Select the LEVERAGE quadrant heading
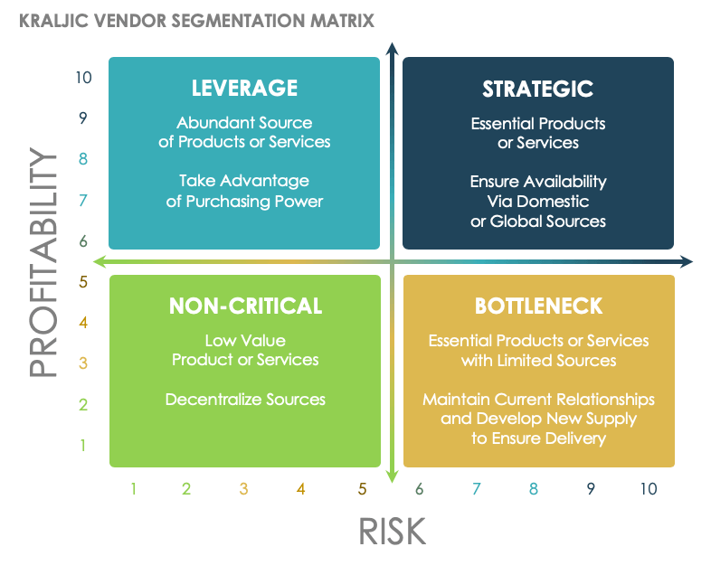pyautogui.click(x=244, y=88)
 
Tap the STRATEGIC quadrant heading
pyautogui.click(x=537, y=88)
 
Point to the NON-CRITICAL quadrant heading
pyautogui.click(x=245, y=306)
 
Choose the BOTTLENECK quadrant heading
pyautogui.click(x=538, y=306)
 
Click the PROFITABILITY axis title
pyautogui.click(x=43, y=262)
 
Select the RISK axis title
pyautogui.click(x=392, y=531)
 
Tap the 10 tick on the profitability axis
pyautogui.click(x=84, y=78)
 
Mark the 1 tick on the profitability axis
pyautogui.click(x=83, y=445)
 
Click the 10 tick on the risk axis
pyautogui.click(x=648, y=489)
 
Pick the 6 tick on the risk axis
pyautogui.click(x=420, y=489)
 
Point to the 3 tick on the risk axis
pyautogui.click(x=243, y=489)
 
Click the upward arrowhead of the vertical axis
pyautogui.click(x=392, y=47)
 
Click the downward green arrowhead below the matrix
pyautogui.click(x=392, y=477)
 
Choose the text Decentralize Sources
pyautogui.click(x=245, y=399)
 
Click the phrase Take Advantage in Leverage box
pyautogui.click(x=244, y=181)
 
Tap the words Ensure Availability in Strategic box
pyautogui.click(x=538, y=181)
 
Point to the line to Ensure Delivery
pyautogui.click(x=538, y=438)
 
